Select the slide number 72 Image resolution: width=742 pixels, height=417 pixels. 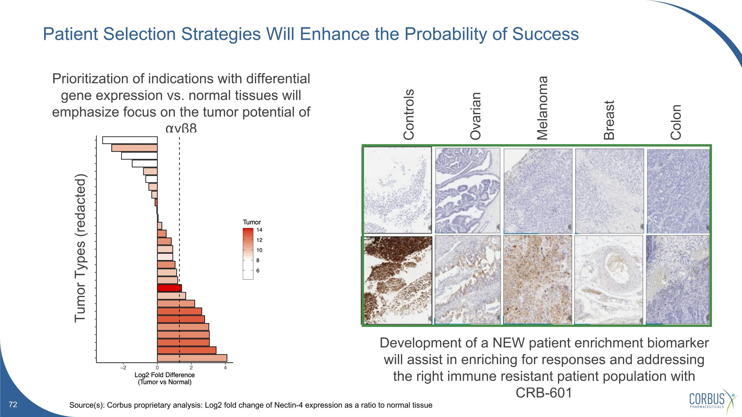pyautogui.click(x=13, y=405)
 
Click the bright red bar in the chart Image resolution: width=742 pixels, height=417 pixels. pyautogui.click(x=169, y=288)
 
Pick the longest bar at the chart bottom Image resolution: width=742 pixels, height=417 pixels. pyautogui.click(x=192, y=358)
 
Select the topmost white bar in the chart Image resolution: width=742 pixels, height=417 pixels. pyautogui.click(x=130, y=140)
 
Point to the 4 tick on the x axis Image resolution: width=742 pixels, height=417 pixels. pyautogui.click(x=225, y=368)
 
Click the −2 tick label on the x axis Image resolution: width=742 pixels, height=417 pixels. pyautogui.click(x=123, y=368)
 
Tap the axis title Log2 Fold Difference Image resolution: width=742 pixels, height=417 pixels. pyautogui.click(x=164, y=375)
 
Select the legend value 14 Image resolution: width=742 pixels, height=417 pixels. pyautogui.click(x=259, y=230)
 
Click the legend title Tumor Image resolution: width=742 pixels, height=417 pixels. pyautogui.click(x=252, y=222)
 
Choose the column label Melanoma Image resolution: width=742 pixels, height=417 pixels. pyautogui.click(x=542, y=108)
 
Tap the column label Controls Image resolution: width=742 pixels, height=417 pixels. pyautogui.click(x=408, y=114)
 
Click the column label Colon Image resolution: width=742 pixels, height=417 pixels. pyautogui.click(x=676, y=122)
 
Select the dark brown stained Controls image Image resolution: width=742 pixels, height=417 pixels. pyautogui.click(x=397, y=280)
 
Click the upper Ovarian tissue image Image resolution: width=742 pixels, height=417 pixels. pyautogui.click(x=467, y=191)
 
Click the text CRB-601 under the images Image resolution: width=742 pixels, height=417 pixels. pyautogui.click(x=544, y=393)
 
